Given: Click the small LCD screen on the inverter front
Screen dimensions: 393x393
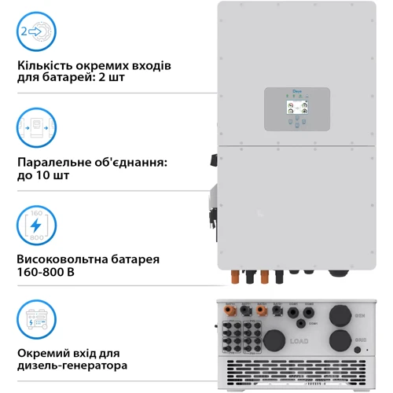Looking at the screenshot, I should [296, 109].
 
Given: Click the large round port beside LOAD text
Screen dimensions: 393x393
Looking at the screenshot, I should [276, 342].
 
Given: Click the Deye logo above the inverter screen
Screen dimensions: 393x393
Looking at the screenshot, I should [296, 92].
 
